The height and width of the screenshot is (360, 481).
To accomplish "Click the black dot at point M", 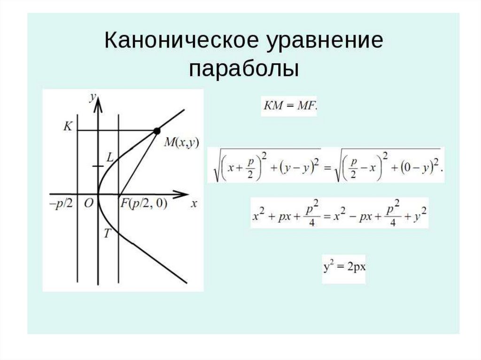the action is point(157,130).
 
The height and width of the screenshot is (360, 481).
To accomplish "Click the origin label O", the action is point(88,205).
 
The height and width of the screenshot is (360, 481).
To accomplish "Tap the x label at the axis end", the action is point(193,205).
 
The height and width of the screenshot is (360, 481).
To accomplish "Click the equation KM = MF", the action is point(289,107).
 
